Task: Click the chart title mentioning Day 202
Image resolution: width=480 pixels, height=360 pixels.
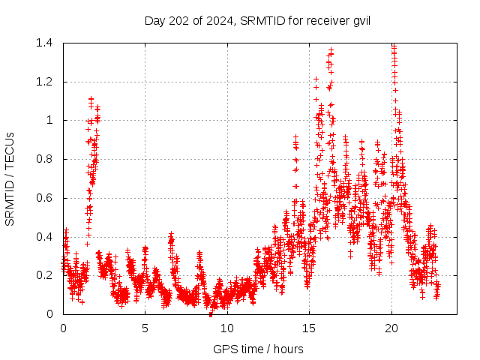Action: pyautogui.click(x=258, y=19)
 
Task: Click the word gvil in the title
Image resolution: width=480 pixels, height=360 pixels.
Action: pyautogui.click(x=360, y=19)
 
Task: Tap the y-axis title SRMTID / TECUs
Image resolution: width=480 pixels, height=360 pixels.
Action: pyautogui.click(x=10, y=178)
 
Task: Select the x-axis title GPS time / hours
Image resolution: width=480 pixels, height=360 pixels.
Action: pyautogui.click(x=258, y=349)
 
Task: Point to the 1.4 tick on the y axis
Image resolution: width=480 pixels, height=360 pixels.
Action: pyautogui.click(x=44, y=43)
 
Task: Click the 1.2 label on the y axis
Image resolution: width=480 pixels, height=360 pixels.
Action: pyautogui.click(x=44, y=82)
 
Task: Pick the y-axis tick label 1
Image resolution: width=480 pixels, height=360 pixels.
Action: pyautogui.click(x=49, y=120)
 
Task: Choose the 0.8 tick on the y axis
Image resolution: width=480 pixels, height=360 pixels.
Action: pyautogui.click(x=44, y=159)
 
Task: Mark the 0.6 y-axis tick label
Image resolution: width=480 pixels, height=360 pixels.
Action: pyautogui.click(x=44, y=198)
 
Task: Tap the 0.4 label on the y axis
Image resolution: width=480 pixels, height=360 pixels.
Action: pyautogui.click(x=44, y=237)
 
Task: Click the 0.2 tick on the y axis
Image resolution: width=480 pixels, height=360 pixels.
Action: pyautogui.click(x=44, y=275)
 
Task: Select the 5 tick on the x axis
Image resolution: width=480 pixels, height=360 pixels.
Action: pyautogui.click(x=145, y=328)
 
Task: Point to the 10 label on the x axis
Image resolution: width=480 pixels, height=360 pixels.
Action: pyautogui.click(x=227, y=328)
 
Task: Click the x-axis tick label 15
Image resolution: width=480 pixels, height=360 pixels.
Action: pyautogui.click(x=309, y=328)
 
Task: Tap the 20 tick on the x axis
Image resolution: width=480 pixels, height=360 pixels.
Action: pyautogui.click(x=391, y=328)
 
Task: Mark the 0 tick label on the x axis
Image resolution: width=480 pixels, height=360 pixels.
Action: pyautogui.click(x=63, y=328)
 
